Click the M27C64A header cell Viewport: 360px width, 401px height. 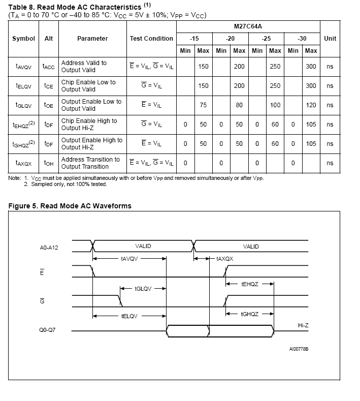pos(248,26)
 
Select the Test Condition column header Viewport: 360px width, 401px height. pos(151,39)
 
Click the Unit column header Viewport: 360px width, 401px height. pos(330,39)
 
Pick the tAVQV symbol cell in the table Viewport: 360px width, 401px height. pos(23,67)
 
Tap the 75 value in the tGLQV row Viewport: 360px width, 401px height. pos(203,105)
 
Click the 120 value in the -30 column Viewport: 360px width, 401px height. pos(311,105)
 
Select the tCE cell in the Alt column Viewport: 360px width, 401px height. pos(49,86)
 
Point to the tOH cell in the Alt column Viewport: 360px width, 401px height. pos(49,163)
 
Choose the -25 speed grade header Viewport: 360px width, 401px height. pos(266,39)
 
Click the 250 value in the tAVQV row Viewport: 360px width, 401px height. pos(275,67)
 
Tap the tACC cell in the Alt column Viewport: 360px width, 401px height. pos(49,67)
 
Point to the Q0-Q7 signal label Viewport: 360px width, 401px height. pos(48,329)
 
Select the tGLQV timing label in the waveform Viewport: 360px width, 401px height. pos(143,289)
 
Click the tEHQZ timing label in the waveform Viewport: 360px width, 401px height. pos(250,284)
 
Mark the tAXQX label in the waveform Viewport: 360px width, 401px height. pos(224,259)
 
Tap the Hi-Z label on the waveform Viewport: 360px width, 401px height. pos(303,325)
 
